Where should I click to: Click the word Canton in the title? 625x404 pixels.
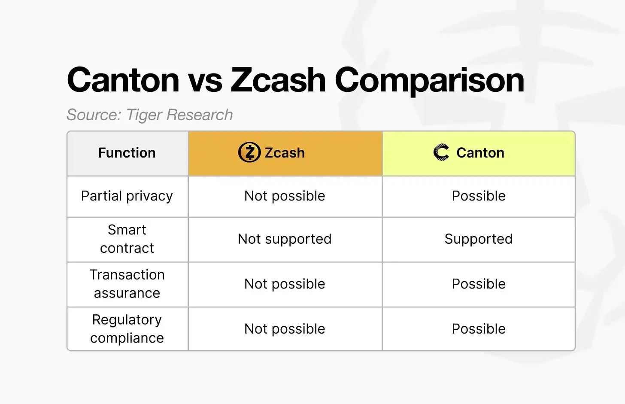(x=123, y=80)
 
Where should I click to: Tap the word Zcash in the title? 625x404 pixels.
(x=278, y=80)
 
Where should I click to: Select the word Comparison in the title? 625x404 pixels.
(x=429, y=81)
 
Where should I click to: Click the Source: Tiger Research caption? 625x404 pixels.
(x=149, y=115)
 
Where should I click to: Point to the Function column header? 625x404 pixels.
(x=127, y=153)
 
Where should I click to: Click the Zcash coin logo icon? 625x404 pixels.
(x=249, y=152)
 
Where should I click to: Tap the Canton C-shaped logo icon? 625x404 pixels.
(x=441, y=152)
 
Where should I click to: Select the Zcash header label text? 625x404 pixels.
(x=285, y=153)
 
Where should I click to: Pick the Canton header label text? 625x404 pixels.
(x=480, y=153)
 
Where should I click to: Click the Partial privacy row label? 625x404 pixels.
(x=127, y=196)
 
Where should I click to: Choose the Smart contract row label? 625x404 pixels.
(x=127, y=239)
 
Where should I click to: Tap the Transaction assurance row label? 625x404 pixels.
(x=127, y=284)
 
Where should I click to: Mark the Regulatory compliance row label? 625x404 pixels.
(x=127, y=329)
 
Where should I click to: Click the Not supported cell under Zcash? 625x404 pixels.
(x=285, y=239)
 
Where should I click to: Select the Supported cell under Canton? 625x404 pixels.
(x=479, y=239)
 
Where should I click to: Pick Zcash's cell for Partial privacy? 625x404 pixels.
(x=285, y=196)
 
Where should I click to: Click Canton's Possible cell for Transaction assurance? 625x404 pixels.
(x=479, y=284)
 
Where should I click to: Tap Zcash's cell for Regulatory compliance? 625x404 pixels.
(x=285, y=329)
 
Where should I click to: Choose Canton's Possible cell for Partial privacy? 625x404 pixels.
(x=479, y=196)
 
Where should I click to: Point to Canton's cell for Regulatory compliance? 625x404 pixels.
(x=479, y=329)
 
